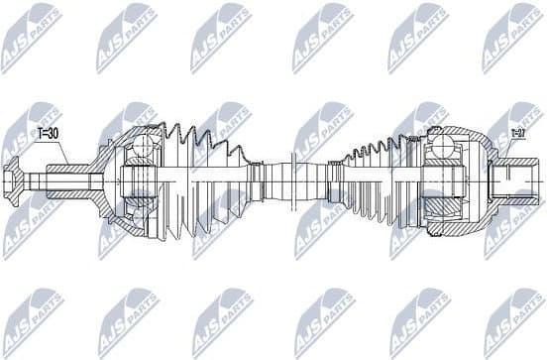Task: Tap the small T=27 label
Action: (517, 132)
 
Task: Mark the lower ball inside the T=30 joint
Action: (145, 219)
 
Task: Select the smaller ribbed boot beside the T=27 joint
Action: (382, 181)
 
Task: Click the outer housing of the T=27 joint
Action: (466, 181)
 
